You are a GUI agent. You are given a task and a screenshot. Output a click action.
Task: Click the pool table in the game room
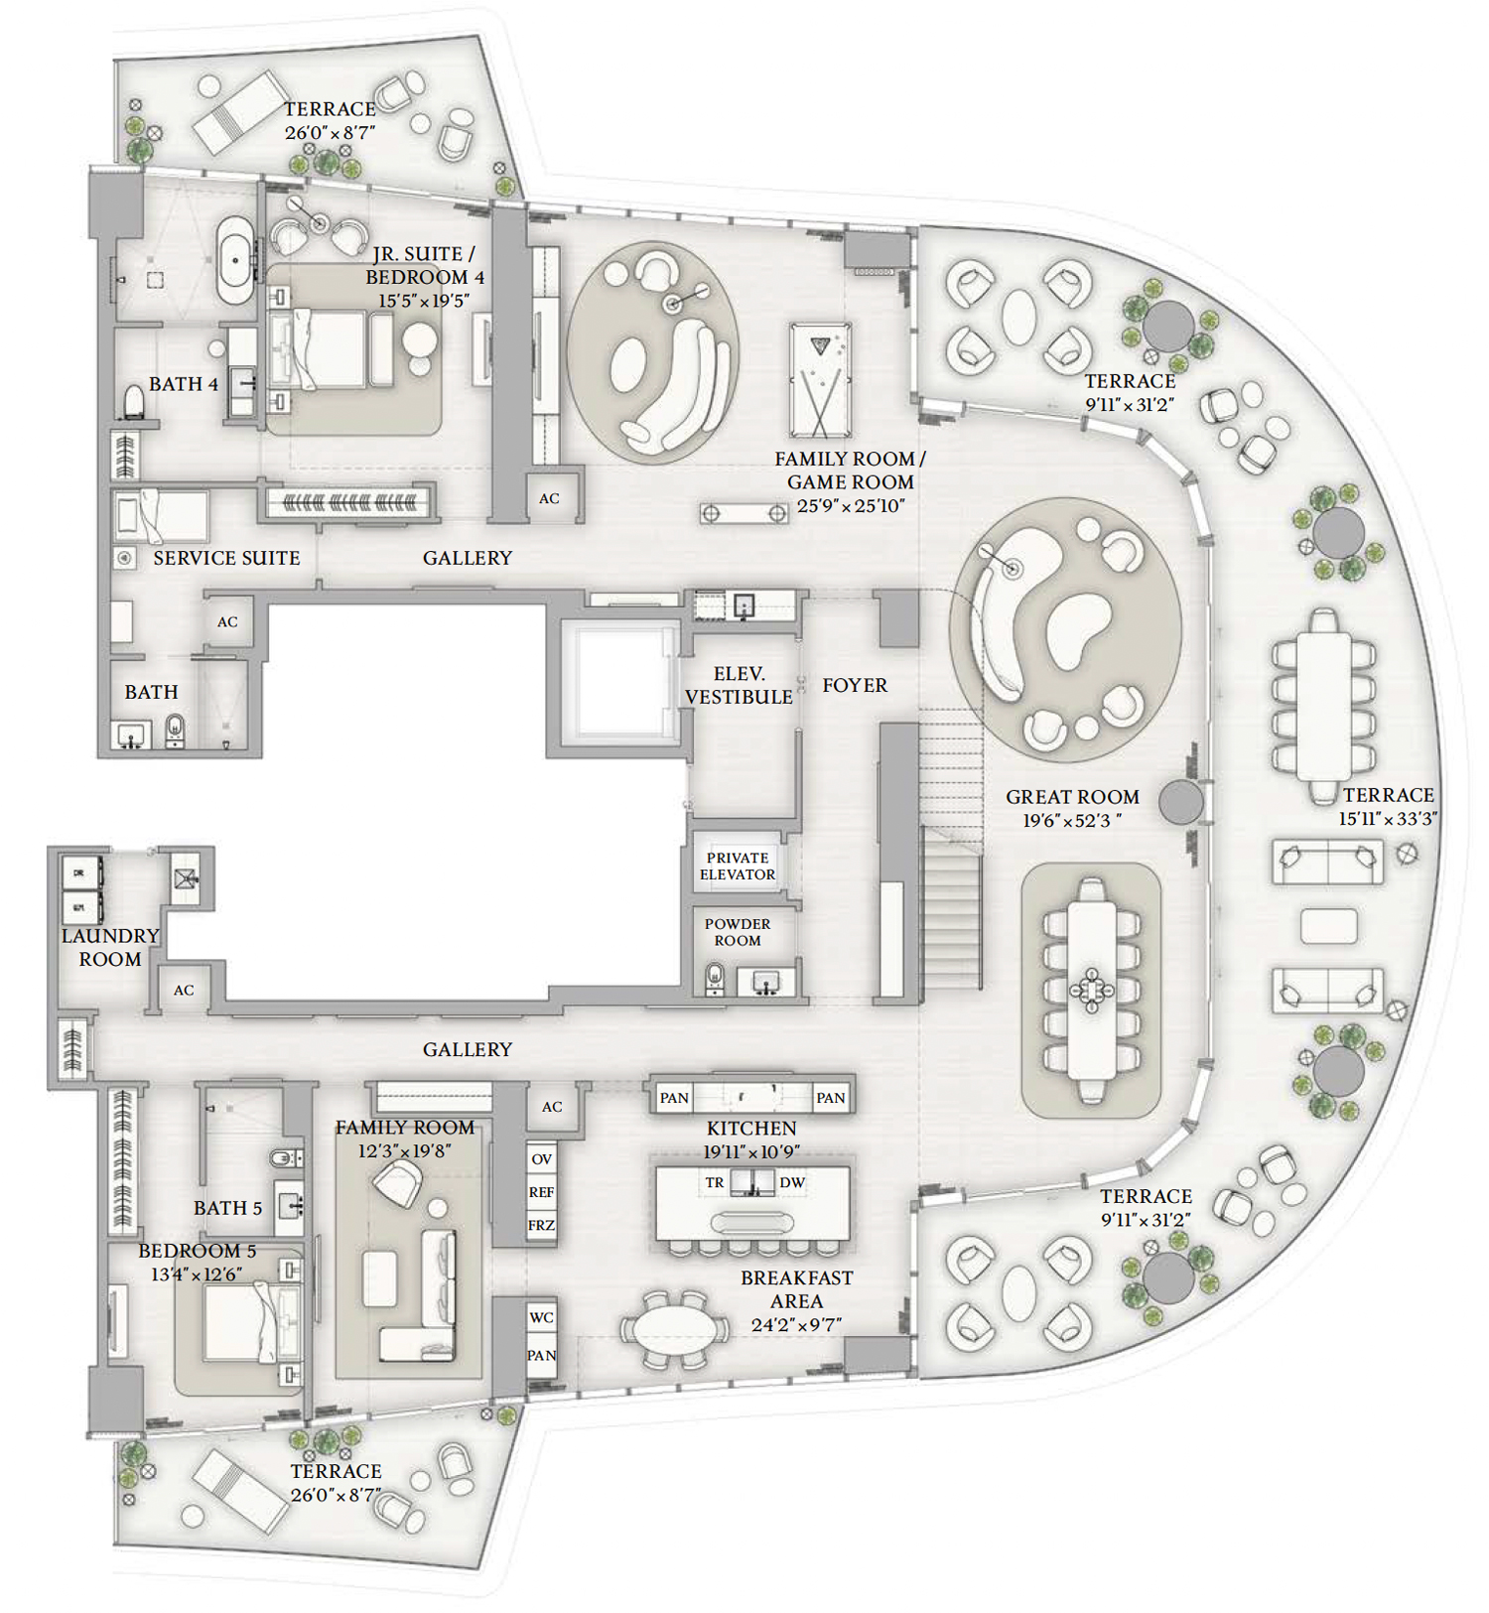(x=820, y=380)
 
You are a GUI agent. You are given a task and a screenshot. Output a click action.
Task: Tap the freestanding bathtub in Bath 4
(x=235, y=260)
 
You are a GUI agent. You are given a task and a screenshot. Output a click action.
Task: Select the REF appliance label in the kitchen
(x=541, y=1192)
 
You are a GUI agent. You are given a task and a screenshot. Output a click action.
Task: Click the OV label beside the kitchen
(x=541, y=1158)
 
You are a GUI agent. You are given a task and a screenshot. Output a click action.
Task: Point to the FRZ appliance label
(x=541, y=1225)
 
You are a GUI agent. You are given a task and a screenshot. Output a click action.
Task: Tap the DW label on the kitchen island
(x=792, y=1182)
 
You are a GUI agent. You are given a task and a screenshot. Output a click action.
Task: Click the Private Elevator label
(x=738, y=866)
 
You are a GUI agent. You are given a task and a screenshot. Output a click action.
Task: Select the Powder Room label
(x=738, y=932)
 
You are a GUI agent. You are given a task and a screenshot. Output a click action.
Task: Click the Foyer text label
(x=855, y=685)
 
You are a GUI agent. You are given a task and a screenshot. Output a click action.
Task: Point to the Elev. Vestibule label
(x=739, y=686)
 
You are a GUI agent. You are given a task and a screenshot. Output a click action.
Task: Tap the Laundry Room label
(x=110, y=947)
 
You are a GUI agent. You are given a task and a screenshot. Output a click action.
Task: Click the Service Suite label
(x=226, y=558)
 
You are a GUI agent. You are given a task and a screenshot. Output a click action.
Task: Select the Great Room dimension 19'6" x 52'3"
(x=1072, y=821)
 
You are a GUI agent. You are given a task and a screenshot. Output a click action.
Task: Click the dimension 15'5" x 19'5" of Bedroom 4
(x=424, y=300)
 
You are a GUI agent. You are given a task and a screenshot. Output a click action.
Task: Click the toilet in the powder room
(x=714, y=979)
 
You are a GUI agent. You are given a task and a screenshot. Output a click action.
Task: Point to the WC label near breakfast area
(x=541, y=1317)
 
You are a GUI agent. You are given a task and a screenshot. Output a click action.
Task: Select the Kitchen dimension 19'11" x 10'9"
(x=751, y=1151)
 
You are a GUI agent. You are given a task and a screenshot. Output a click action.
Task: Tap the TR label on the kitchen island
(x=715, y=1182)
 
